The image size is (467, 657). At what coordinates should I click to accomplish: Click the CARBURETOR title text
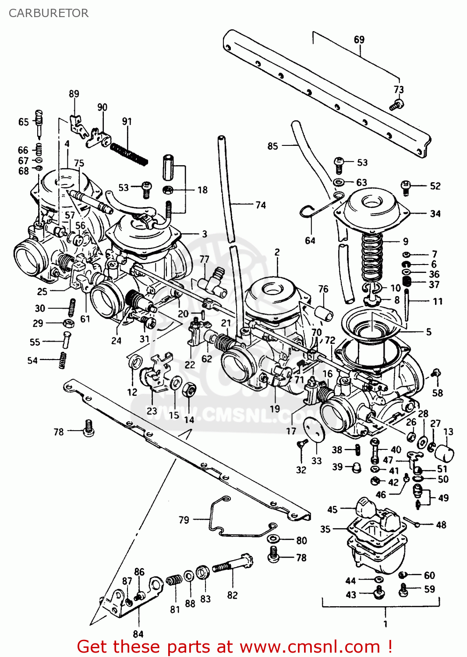click(x=49, y=13)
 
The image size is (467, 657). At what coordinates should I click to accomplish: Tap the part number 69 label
click(x=359, y=39)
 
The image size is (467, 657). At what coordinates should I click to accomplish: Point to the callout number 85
click(x=272, y=146)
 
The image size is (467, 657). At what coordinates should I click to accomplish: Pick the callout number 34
click(x=435, y=214)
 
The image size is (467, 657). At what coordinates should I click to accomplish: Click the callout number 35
click(x=325, y=529)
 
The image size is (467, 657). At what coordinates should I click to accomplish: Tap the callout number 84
click(x=138, y=634)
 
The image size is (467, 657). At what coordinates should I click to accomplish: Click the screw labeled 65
click(x=39, y=122)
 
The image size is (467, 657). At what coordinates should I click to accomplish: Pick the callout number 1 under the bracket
click(x=386, y=624)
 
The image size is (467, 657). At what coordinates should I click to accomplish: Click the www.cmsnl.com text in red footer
click(x=310, y=646)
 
